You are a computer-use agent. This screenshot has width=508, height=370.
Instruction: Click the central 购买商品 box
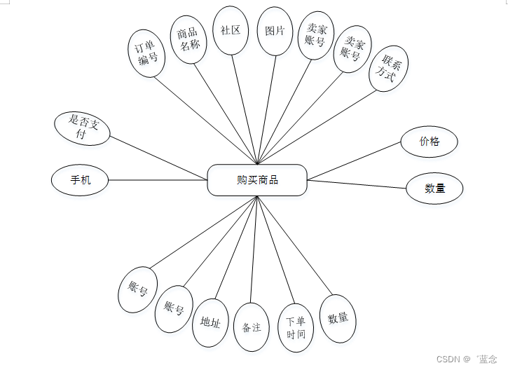pyautogui.click(x=257, y=180)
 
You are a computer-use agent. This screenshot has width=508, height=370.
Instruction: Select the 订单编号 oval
pyautogui.click(x=148, y=53)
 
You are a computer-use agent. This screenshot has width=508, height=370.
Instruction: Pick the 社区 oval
pyautogui.click(x=231, y=31)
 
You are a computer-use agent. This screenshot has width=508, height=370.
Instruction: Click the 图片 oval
pyautogui.click(x=275, y=32)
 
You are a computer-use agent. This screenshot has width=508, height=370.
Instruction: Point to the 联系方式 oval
pyautogui.click(x=389, y=69)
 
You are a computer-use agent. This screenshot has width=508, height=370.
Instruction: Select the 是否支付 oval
pyautogui.click(x=82, y=128)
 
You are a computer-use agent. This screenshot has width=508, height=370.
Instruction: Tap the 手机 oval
pyautogui.click(x=80, y=180)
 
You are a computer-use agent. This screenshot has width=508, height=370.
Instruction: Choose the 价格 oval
pyautogui.click(x=430, y=142)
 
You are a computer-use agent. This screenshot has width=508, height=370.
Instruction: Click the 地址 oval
pyautogui.click(x=210, y=323)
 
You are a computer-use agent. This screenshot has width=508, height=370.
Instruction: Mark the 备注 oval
pyautogui.click(x=251, y=327)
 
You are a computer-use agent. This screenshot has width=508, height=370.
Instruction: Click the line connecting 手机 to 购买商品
pyautogui.click(x=158, y=180)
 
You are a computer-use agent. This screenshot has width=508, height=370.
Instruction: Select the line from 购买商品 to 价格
pyautogui.click(x=354, y=162)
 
